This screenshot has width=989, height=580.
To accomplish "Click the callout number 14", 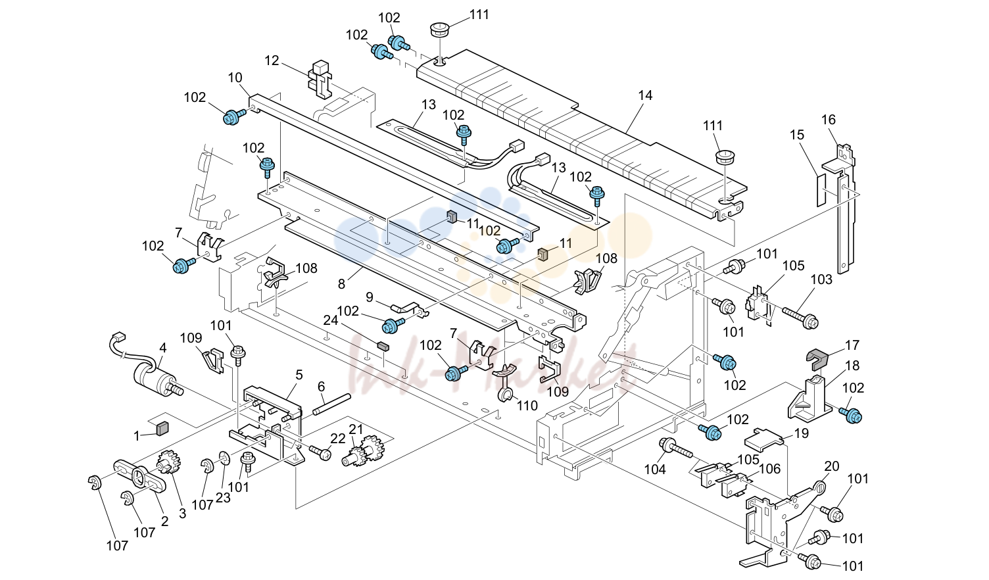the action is coord(645,95).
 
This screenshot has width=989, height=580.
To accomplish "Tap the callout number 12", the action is coord(272,60).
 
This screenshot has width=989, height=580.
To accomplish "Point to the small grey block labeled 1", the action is coord(162,428).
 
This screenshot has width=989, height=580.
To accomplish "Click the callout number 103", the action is coord(821,279).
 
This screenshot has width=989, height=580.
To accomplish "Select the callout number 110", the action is coord(527,405).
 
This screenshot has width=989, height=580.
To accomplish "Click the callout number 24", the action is coord(330,320).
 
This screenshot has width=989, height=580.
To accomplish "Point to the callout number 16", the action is coord(829,120).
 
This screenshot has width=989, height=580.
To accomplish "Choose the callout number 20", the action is coord(832,466).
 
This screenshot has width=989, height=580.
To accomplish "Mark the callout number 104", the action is coord(655,470).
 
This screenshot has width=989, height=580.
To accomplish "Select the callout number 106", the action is coord(770,468).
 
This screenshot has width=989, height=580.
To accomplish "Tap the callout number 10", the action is coord(235,78).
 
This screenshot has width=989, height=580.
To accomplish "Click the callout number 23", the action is coord(223,497).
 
